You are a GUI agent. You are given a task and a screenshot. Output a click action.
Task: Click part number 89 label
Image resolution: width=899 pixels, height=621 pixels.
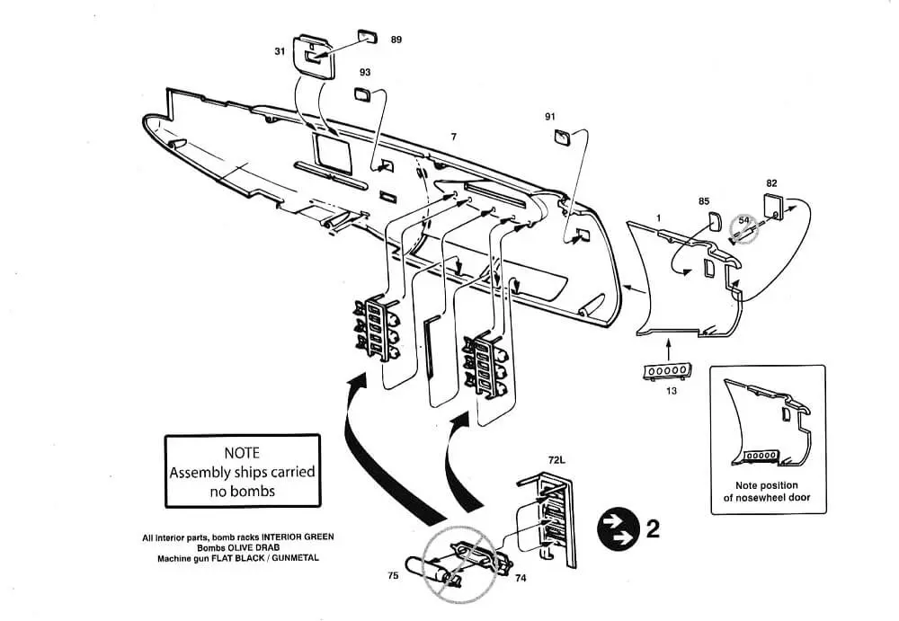[396, 40]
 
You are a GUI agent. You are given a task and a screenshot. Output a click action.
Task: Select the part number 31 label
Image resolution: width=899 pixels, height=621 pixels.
[280, 51]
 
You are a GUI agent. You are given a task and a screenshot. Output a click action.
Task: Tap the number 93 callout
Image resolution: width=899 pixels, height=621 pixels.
[365, 72]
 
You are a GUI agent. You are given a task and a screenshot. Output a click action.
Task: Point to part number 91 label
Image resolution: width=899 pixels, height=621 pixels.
[550, 117]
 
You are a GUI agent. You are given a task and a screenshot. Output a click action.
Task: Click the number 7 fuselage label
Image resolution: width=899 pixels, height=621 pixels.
[453, 137]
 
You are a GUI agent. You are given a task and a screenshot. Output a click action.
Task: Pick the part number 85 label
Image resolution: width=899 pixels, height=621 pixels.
[704, 201]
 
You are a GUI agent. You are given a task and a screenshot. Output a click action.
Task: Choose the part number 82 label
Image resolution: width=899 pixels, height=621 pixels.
[771, 183]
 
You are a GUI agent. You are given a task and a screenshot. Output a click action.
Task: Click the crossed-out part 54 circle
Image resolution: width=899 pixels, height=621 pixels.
[743, 229]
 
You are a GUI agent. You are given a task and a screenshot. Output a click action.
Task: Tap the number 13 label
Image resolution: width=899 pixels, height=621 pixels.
[671, 391]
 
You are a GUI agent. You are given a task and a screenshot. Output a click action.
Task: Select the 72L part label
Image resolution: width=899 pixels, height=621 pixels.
[556, 460]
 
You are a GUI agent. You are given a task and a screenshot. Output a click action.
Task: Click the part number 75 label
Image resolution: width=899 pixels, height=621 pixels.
[393, 575]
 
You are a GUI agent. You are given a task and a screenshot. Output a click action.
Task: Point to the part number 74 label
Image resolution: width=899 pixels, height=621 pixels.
[520, 578]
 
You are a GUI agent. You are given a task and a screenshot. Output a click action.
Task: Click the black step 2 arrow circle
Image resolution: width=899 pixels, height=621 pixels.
[619, 529]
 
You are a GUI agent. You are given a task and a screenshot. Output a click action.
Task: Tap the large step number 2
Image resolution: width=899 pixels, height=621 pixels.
[653, 528]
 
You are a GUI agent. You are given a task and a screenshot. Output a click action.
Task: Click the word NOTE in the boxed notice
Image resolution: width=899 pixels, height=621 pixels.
[241, 453]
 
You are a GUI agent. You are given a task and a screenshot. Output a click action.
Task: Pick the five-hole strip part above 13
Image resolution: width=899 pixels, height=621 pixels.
[667, 371]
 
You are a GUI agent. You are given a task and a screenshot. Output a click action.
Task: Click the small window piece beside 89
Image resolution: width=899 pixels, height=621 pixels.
[368, 36]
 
